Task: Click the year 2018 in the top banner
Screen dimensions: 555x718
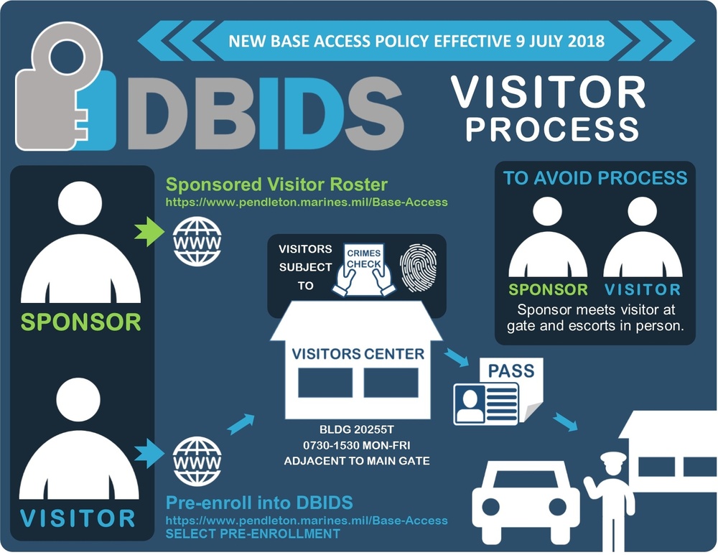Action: pos(582,40)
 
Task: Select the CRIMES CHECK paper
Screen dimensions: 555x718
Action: pos(363,266)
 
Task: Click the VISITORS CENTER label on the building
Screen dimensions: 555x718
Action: pos(358,354)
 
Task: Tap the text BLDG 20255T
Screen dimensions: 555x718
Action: pos(357,429)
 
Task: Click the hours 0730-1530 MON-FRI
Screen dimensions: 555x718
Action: pos(357,445)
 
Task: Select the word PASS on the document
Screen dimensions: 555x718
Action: pos(510,371)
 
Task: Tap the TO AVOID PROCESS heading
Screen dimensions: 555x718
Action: pos(595,179)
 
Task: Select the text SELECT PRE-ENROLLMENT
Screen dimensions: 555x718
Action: pos(253,534)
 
